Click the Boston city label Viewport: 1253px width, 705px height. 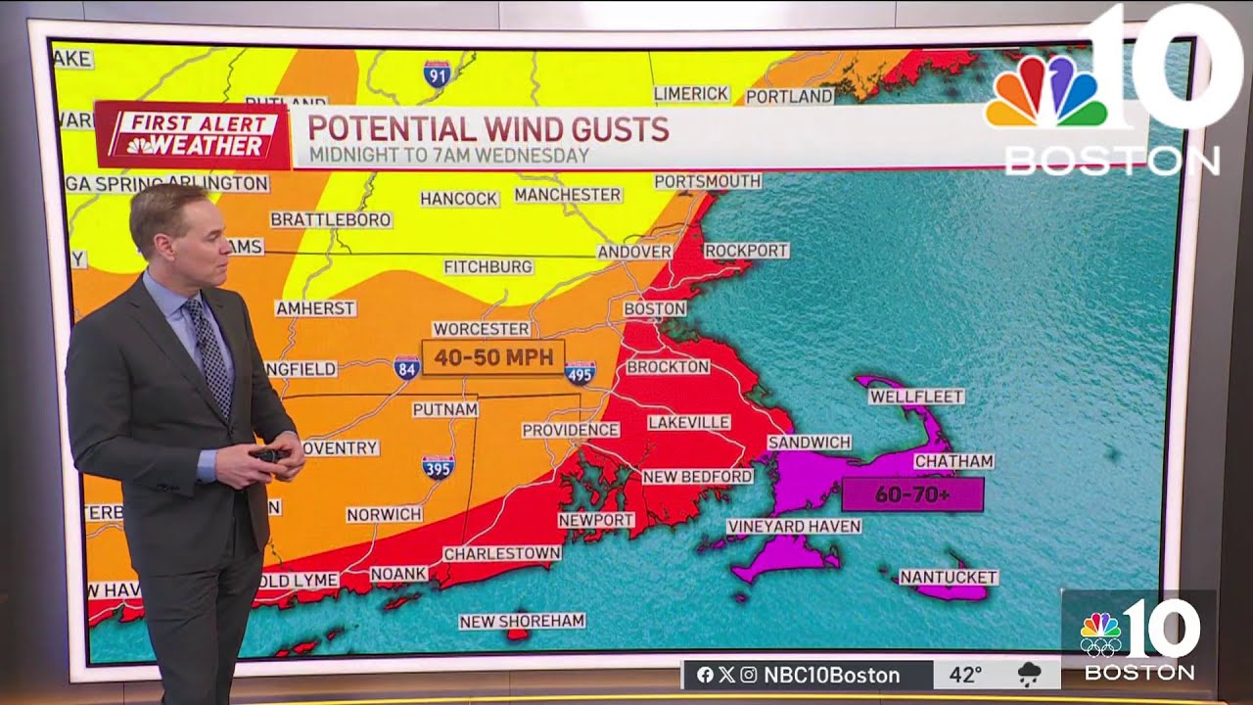655,308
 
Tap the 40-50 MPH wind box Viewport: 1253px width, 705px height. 493,357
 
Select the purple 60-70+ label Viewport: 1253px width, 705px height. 911,494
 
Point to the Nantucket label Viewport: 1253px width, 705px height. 948,578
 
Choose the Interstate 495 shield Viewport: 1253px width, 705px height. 580,372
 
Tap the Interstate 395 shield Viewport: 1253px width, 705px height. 438,466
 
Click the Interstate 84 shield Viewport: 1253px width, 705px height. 407,368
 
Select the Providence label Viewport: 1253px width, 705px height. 570,430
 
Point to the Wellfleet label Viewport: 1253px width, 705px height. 916,397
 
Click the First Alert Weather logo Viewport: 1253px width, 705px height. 192,135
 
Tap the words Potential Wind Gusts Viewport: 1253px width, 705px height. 488,128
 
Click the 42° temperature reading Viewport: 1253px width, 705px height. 965,675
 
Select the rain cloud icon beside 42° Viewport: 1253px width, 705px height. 1029,674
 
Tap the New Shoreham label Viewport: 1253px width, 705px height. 522,621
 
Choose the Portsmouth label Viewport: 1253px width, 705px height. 707,181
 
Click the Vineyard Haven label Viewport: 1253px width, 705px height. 794,527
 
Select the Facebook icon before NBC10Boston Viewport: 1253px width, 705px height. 705,675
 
